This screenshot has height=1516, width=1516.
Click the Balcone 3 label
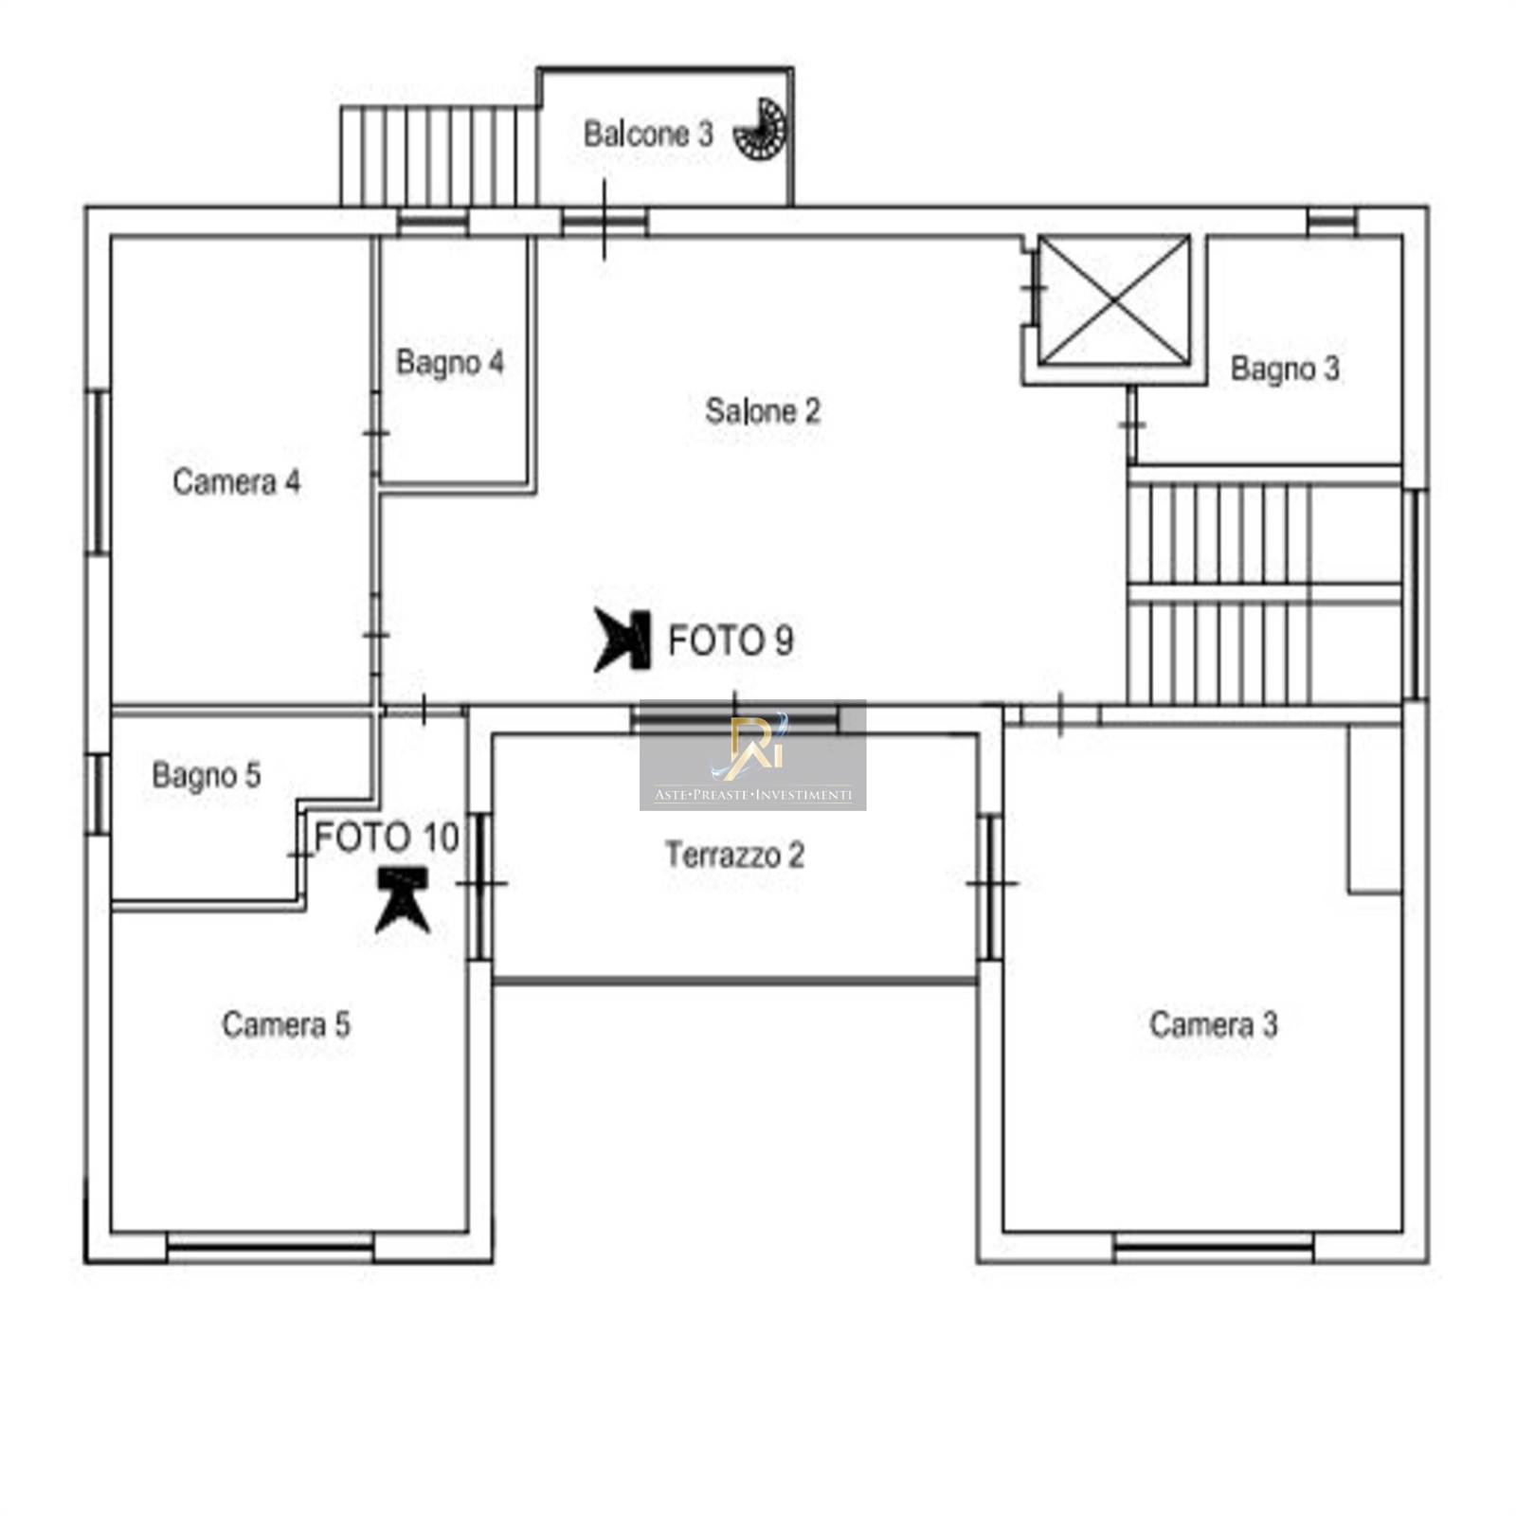click(x=648, y=135)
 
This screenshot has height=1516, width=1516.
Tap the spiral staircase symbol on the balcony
click(x=763, y=129)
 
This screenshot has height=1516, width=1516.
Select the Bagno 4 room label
click(x=450, y=362)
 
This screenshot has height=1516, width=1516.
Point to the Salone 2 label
click(x=763, y=411)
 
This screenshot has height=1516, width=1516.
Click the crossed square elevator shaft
click(x=1114, y=300)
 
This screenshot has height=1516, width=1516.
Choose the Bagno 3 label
click(x=1285, y=368)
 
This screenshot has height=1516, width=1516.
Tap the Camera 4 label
click(x=236, y=481)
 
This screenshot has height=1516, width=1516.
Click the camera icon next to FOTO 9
click(x=623, y=641)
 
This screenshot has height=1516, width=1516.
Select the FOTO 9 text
click(x=731, y=641)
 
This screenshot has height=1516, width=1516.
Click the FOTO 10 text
click(x=387, y=838)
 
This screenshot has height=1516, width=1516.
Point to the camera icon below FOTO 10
click(x=403, y=900)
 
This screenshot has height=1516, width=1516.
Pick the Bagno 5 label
click(x=206, y=775)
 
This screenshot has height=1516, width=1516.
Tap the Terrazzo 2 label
click(x=734, y=855)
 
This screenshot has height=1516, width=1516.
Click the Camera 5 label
click(x=286, y=1024)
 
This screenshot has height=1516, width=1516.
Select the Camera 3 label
click(x=1213, y=1024)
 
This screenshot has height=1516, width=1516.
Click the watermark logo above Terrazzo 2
click(x=753, y=755)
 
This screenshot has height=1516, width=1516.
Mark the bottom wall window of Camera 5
click(x=270, y=1247)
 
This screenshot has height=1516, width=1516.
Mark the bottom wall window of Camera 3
click(x=1214, y=1247)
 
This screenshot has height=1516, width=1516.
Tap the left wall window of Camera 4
click(x=99, y=472)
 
